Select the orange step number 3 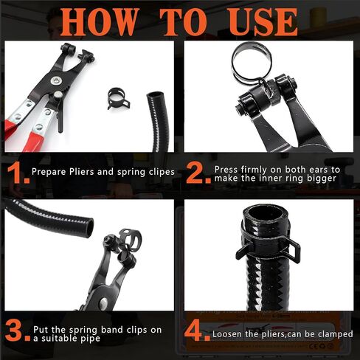click(x=15, y=327)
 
